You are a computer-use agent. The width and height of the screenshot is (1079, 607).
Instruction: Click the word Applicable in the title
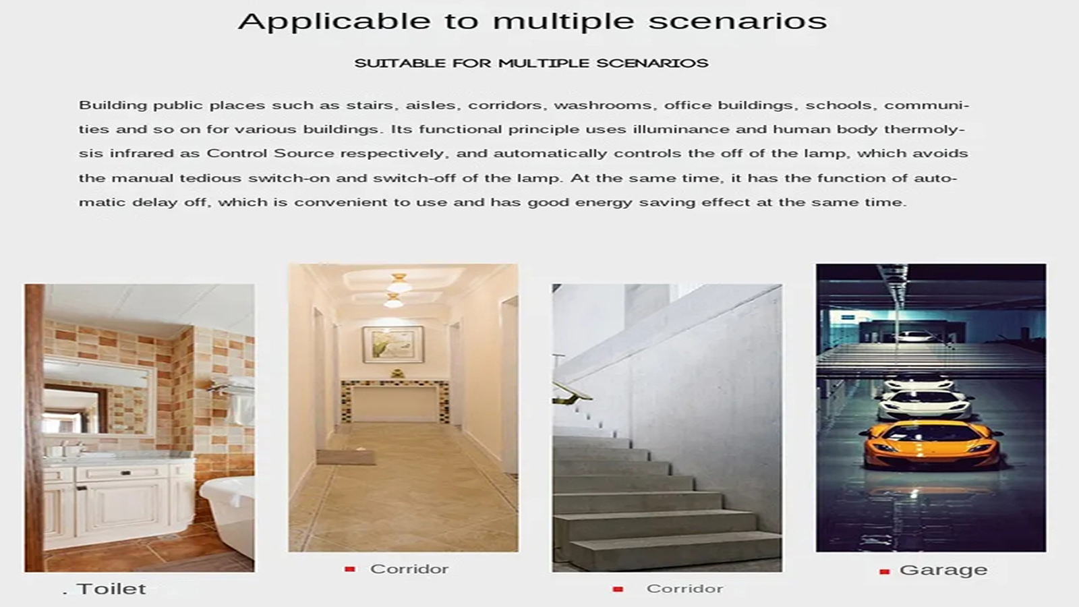click(334, 22)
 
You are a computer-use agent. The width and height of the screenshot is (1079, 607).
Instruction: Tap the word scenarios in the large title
click(738, 22)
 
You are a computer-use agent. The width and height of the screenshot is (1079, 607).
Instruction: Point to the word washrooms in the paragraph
click(605, 105)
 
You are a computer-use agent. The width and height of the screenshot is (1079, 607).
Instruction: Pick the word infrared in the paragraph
click(142, 153)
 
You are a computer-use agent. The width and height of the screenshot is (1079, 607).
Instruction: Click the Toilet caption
click(111, 589)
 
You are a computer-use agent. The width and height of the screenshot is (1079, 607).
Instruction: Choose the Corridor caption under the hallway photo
click(409, 569)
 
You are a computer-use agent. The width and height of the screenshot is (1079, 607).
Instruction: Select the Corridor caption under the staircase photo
click(684, 589)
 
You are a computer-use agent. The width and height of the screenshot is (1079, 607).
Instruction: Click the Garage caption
click(943, 571)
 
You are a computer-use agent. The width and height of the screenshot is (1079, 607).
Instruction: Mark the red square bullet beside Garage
click(884, 572)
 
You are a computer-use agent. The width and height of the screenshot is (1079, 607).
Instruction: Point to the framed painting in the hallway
click(393, 345)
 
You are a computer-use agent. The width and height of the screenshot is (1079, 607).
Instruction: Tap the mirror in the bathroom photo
click(98, 397)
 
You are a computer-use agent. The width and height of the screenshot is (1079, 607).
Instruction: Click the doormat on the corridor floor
click(346, 457)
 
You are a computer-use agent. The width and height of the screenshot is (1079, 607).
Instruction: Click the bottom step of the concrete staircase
click(674, 555)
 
